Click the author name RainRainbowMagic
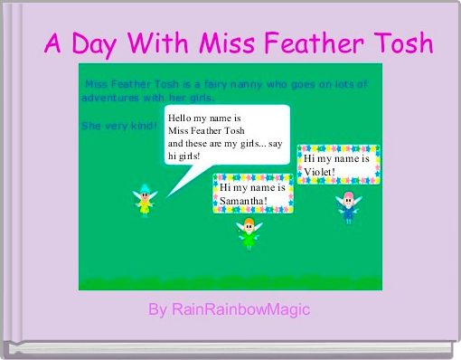tap(240, 310)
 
